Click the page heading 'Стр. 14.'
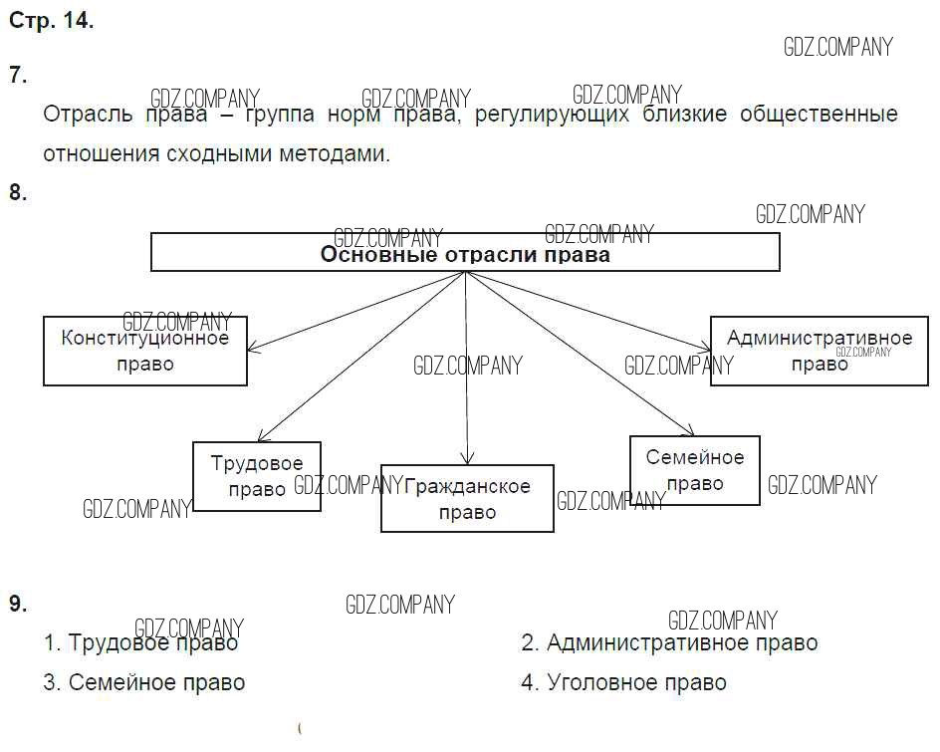51,21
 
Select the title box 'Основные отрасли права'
465,253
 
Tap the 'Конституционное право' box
145,351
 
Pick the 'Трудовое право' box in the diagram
257,476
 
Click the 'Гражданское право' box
467,498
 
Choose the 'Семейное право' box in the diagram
695,470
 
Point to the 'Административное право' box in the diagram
819,351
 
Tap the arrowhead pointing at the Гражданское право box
466,458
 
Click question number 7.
18,75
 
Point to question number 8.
18,193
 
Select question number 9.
18,604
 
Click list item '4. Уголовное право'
623,682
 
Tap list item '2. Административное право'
669,642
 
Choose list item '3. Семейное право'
144,682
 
